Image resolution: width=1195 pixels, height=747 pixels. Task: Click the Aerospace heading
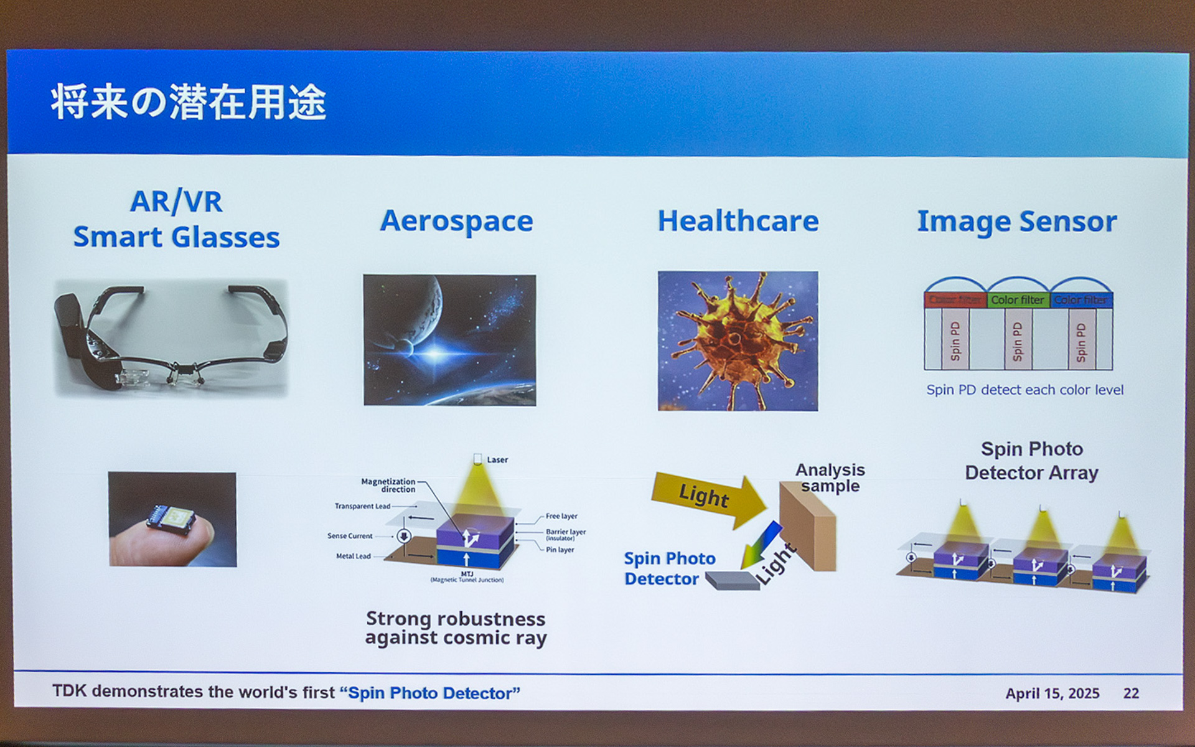coord(456,221)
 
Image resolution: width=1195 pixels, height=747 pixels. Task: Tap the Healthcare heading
coord(738,221)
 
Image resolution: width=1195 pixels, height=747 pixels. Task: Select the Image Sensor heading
coord(1016,222)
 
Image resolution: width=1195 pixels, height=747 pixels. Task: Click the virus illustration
coord(738,341)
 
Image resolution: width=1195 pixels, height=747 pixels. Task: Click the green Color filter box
coord(1017,300)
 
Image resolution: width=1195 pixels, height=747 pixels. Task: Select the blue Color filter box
coord(1080,300)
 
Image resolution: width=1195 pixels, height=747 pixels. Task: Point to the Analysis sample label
coord(830,477)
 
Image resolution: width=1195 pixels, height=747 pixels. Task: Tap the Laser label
coord(497,459)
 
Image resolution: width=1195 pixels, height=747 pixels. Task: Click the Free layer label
coord(561,516)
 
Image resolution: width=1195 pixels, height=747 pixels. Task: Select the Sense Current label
coord(350,536)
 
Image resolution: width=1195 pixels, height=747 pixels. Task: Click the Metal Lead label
coord(353,556)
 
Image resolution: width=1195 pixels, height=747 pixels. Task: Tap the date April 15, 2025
coord(1052,693)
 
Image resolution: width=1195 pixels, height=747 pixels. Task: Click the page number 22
coord(1131,693)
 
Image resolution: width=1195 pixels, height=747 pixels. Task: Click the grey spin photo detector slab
coord(732,580)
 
